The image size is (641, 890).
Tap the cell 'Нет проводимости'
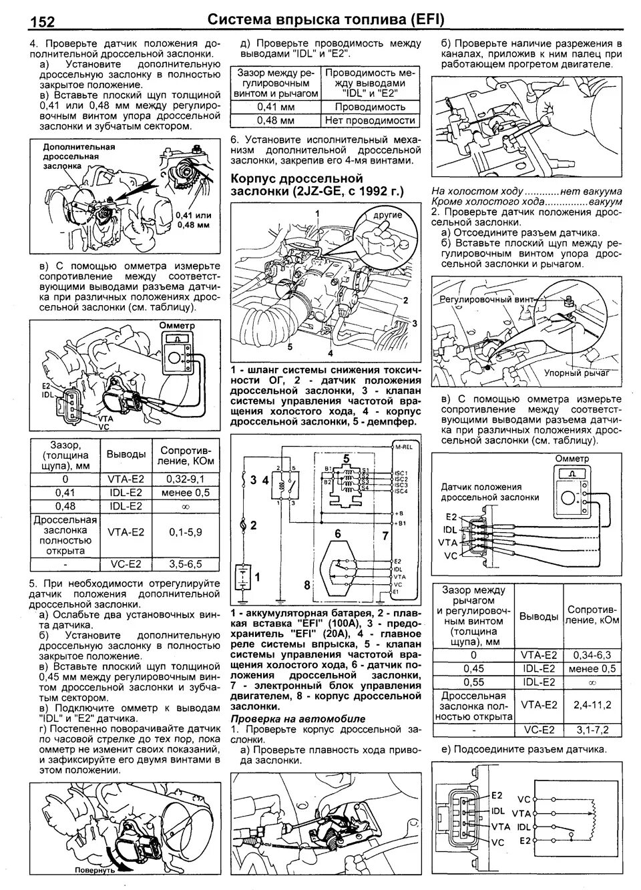pyautogui.click(x=370, y=120)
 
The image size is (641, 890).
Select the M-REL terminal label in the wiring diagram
pyautogui.click(x=404, y=447)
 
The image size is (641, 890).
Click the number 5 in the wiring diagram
pyautogui.click(x=346, y=459)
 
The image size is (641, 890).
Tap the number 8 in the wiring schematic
pyautogui.click(x=307, y=586)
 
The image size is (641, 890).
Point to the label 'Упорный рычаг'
pyautogui.click(x=572, y=373)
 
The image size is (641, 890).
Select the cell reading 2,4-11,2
pyautogui.click(x=593, y=704)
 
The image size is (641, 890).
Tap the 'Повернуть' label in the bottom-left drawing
pyautogui.click(x=95, y=871)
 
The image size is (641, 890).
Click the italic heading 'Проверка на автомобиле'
pyautogui.click(x=298, y=718)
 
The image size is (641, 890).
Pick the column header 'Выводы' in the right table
pyautogui.click(x=538, y=616)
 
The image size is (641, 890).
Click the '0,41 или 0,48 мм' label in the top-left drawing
pyautogui.click(x=194, y=220)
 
